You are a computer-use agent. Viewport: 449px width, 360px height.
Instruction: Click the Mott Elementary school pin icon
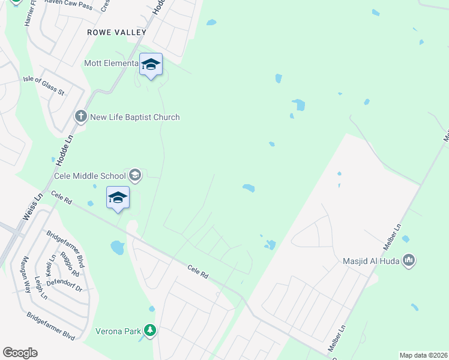(151, 65)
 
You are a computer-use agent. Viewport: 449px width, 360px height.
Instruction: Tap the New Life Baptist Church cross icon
(81, 116)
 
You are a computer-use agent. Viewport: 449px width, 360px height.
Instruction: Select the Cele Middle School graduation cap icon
(135, 175)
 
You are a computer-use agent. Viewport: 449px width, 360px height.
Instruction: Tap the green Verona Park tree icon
(150, 330)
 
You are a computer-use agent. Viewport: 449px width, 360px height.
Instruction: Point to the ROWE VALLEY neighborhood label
(116, 32)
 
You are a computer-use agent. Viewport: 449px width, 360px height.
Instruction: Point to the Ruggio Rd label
(73, 265)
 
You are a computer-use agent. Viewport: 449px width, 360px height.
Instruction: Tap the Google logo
(20, 353)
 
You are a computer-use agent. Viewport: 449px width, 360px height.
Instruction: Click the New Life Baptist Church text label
(134, 117)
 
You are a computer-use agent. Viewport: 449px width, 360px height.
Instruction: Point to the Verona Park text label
(118, 331)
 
